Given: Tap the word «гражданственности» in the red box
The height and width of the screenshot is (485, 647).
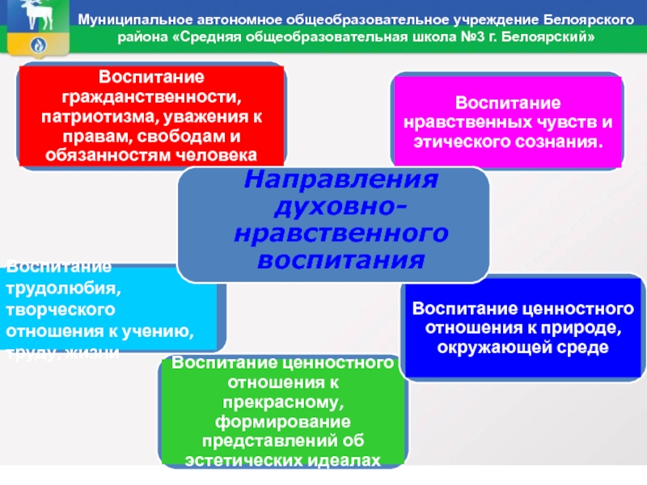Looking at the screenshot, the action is [x=151, y=96].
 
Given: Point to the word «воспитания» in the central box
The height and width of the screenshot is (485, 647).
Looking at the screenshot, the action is [x=333, y=261].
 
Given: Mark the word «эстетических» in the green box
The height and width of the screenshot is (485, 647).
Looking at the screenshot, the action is [x=243, y=459].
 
